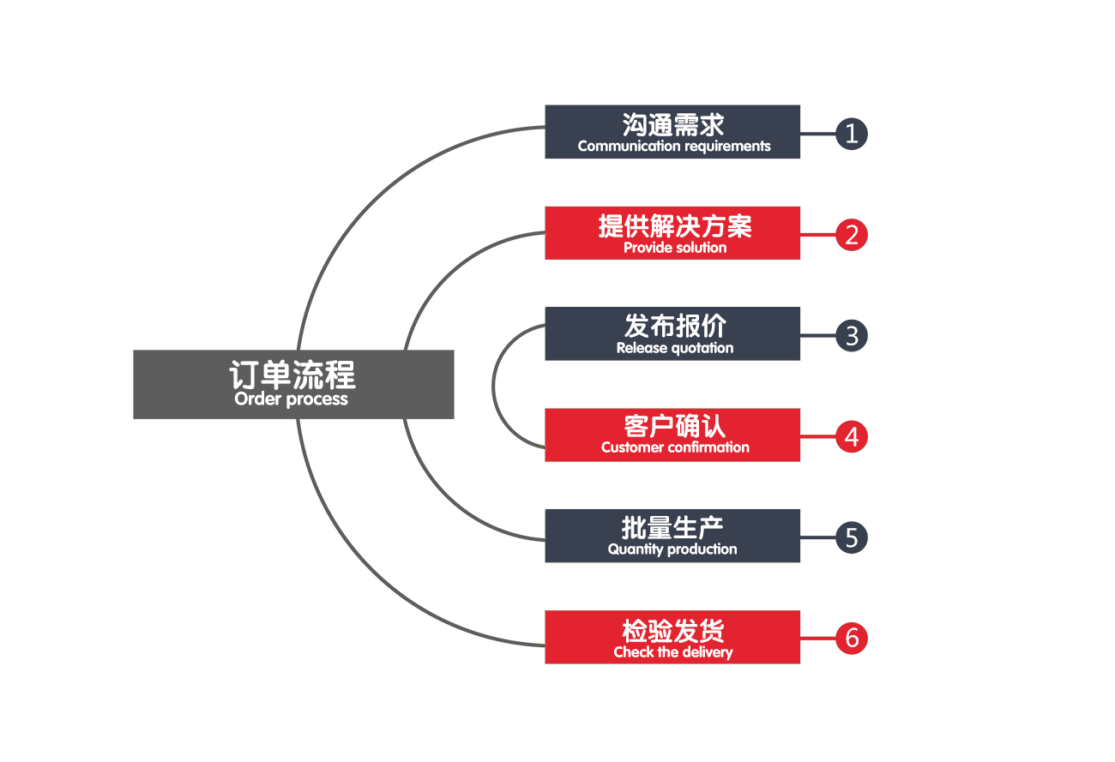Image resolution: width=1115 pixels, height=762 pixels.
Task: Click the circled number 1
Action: (851, 134)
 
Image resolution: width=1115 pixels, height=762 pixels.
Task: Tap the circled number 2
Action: (851, 235)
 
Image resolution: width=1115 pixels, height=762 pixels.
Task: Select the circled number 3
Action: (851, 335)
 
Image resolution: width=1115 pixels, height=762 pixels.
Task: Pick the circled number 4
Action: (851, 436)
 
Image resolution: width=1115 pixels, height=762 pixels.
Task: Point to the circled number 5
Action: (851, 537)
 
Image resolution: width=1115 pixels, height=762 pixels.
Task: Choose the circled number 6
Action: (851, 638)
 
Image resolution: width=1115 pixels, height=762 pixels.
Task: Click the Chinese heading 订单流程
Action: (292, 375)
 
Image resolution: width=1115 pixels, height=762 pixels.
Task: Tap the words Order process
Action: (291, 399)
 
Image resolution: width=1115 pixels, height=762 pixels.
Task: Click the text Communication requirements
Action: (674, 147)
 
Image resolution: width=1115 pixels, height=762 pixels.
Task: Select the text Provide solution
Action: (675, 249)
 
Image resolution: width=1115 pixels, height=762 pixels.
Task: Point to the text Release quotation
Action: (675, 348)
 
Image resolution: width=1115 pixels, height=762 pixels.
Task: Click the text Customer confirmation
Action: (675, 447)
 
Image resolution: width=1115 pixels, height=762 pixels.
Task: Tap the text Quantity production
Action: (672, 549)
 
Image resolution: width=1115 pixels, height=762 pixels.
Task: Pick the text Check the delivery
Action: (673, 652)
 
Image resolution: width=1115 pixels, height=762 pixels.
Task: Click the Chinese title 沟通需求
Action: (673, 124)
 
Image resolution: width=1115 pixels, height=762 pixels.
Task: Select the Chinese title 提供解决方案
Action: (675, 226)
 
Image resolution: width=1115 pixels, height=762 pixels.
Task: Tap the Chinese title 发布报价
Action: (675, 326)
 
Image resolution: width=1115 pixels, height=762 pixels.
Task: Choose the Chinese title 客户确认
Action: (675, 426)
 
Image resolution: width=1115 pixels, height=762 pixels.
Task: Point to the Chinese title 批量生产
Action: (672, 527)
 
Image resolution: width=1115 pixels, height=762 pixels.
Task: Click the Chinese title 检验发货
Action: (673, 631)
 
